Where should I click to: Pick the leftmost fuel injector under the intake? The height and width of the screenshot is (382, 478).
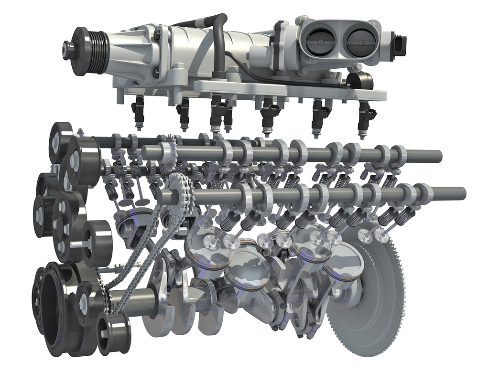139,112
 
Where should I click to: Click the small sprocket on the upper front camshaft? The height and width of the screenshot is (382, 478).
166,152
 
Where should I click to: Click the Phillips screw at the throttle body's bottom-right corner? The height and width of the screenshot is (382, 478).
370,61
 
